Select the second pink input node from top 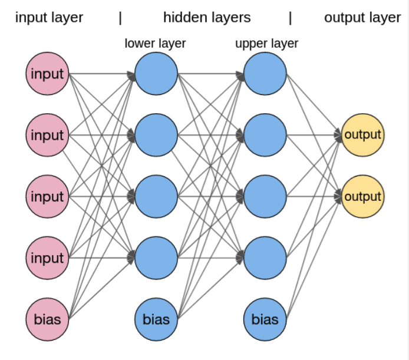pyautogui.click(x=47, y=135)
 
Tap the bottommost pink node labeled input pyautogui.click(x=47, y=257)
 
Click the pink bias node pyautogui.click(x=47, y=320)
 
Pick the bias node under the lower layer pyautogui.click(x=156, y=320)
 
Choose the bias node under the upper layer pyautogui.click(x=265, y=320)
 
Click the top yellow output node pyautogui.click(x=362, y=134)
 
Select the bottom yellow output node pyautogui.click(x=362, y=196)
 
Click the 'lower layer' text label pyautogui.click(x=155, y=43)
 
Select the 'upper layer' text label pyautogui.click(x=266, y=43)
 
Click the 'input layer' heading pyautogui.click(x=49, y=17)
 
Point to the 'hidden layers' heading pyautogui.click(x=207, y=17)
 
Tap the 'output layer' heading pyautogui.click(x=362, y=17)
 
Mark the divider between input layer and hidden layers pyautogui.click(x=120, y=17)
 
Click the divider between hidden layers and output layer pyautogui.click(x=290, y=17)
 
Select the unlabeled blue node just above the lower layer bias pyautogui.click(x=156, y=257)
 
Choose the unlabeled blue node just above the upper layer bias pyautogui.click(x=265, y=257)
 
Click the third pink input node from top pyautogui.click(x=47, y=196)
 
